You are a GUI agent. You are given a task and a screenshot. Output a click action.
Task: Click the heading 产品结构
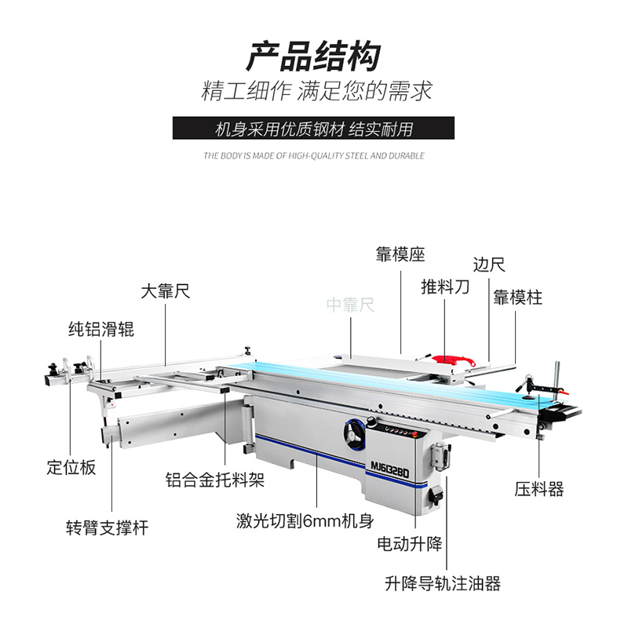coord(313,57)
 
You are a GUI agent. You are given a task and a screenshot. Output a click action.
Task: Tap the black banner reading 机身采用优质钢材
coord(313,128)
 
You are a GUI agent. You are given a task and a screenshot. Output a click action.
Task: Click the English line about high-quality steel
coord(313,155)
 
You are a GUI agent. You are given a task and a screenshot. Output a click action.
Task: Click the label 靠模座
coord(400,254)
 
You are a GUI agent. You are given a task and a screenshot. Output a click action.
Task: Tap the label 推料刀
coord(445,287)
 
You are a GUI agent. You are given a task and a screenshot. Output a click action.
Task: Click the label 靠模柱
coord(517,298)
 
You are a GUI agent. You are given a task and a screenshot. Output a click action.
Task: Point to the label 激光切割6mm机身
coord(305,520)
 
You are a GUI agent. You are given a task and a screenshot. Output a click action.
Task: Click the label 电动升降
coord(411,543)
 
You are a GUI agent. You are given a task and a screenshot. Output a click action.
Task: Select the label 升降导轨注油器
coord(443,584)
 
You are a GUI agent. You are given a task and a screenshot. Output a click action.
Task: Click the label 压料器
coord(540,490)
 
